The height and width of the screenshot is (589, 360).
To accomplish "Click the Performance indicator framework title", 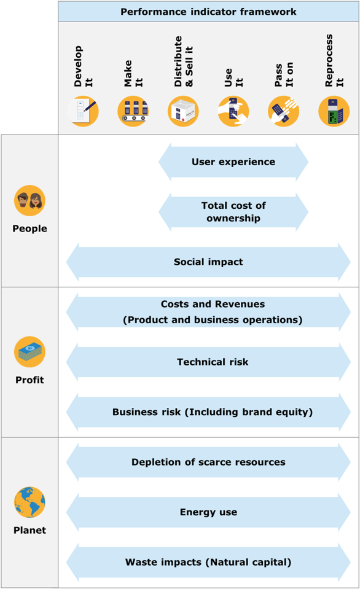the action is (x=208, y=12).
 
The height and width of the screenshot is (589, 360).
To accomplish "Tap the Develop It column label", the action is (x=83, y=66).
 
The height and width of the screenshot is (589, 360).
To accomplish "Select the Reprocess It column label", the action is (x=334, y=60).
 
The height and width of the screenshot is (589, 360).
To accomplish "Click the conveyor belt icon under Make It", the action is (x=133, y=111).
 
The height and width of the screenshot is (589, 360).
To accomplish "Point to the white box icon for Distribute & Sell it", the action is (x=183, y=111).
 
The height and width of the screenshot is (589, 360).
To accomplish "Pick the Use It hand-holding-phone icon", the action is (x=233, y=111).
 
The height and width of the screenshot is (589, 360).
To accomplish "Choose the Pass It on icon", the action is (x=283, y=111).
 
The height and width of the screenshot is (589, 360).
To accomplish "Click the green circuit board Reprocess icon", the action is (x=334, y=111).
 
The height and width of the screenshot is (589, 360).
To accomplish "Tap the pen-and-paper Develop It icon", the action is (x=83, y=111).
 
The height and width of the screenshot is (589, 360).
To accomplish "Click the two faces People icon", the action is (x=29, y=201).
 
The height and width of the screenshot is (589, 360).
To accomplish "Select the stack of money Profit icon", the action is (x=29, y=351).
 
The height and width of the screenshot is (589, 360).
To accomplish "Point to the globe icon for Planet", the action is (x=29, y=502).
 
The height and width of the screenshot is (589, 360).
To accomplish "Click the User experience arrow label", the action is (x=233, y=162).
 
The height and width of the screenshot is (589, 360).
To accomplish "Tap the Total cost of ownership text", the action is (x=233, y=212).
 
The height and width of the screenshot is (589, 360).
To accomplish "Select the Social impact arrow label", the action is (x=208, y=262).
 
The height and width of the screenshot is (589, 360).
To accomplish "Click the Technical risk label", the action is (x=213, y=362).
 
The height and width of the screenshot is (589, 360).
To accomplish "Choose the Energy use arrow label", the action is (x=208, y=512).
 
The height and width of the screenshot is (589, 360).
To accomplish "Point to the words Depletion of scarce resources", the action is (x=208, y=462).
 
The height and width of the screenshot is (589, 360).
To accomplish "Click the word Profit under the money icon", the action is (x=29, y=380).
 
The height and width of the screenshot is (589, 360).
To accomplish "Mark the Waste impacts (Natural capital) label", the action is (x=208, y=563).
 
